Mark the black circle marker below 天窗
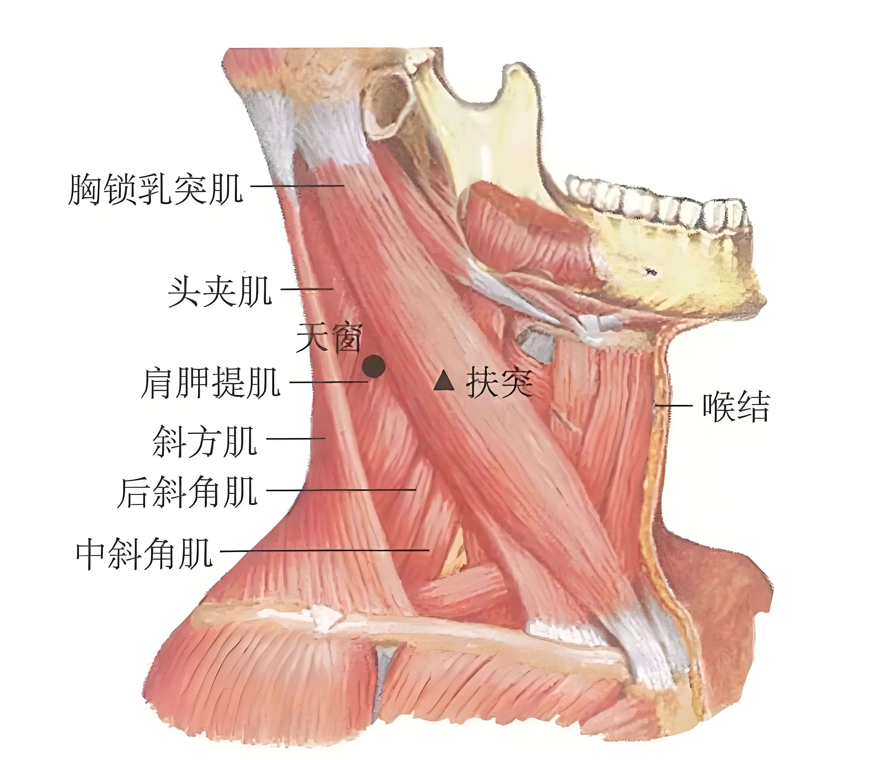pyautogui.click(x=374, y=366)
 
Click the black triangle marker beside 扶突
pyautogui.click(x=444, y=381)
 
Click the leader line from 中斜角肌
pyautogui.click(x=325, y=551)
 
